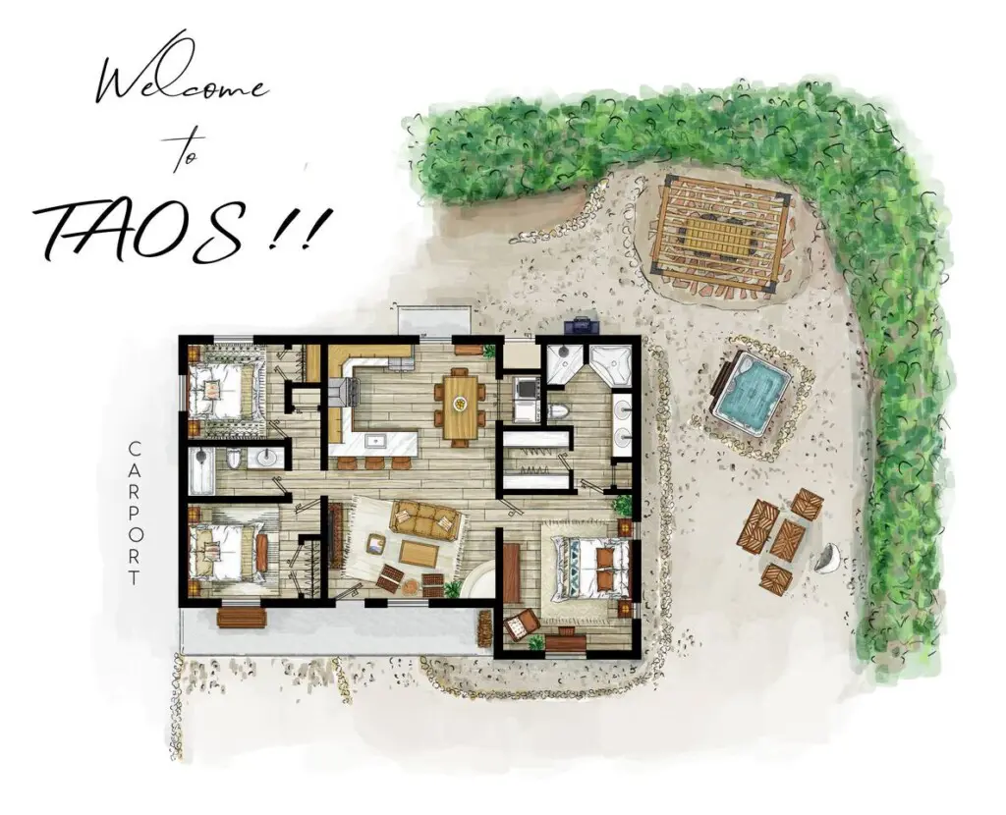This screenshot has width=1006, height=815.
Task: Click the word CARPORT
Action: coord(134,513)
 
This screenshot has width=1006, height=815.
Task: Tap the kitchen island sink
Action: coord(374,441)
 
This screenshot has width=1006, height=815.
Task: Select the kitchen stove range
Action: coord(345,391)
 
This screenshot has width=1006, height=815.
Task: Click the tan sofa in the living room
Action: coord(424,518)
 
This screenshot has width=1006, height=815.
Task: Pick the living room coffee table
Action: coord(419,551)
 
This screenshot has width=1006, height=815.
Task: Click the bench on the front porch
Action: coord(242,617)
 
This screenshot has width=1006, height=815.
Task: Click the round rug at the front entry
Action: coord(479,580)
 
